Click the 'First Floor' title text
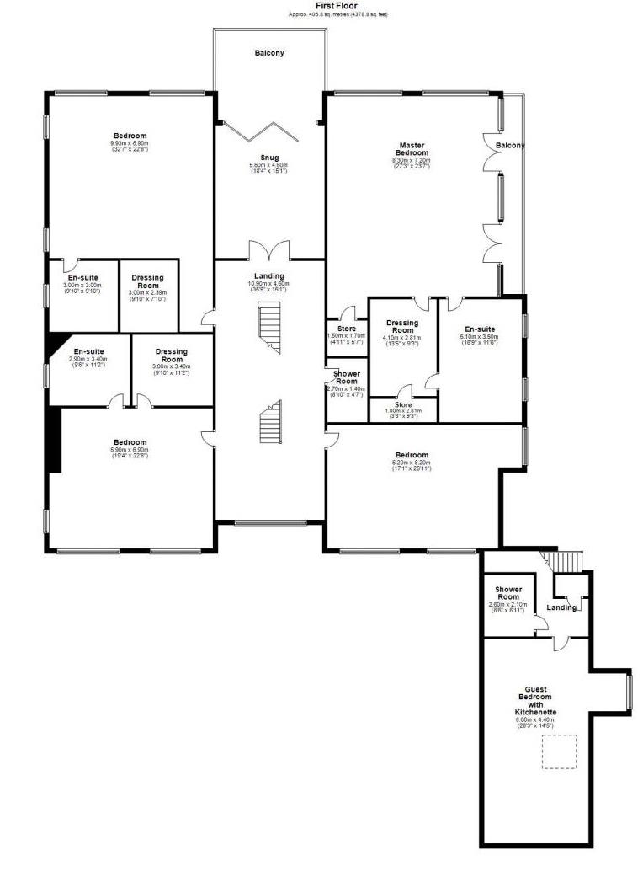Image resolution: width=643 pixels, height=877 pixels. coord(336,5)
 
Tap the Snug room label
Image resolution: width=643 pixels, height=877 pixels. coord(269,158)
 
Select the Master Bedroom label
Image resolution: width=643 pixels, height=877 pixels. coord(412,148)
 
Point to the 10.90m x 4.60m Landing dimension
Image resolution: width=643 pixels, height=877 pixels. coord(269,284)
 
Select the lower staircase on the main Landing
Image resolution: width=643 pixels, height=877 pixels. coord(269,421)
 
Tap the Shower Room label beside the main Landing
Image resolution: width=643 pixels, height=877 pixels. coord(347,377)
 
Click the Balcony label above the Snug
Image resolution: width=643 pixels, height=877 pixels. coord(269,53)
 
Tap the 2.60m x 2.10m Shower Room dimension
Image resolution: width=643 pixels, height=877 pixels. coord(508,604)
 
